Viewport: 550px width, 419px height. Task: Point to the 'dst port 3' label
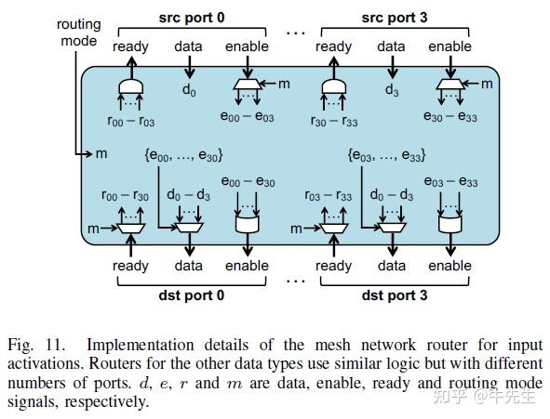(391, 295)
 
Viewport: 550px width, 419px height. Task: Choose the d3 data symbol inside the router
(391, 91)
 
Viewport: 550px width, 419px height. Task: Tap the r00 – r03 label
(131, 121)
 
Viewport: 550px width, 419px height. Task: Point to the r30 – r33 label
(333, 121)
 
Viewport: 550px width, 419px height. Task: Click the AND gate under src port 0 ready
(131, 87)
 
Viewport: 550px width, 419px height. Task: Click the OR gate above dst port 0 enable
(247, 226)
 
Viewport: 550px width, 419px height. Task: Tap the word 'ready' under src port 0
(131, 46)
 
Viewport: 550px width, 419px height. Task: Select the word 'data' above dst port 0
(189, 266)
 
